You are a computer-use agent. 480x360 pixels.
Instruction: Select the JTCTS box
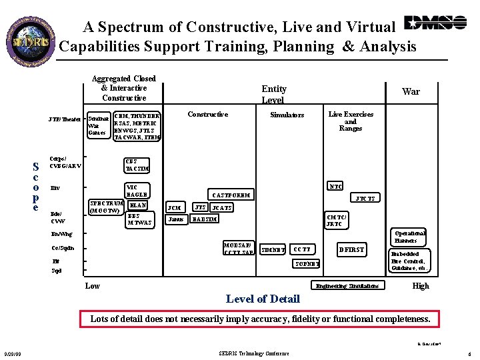point(365,199)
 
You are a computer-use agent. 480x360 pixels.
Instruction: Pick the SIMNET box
point(273,250)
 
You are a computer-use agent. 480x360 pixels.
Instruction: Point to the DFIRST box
point(351,250)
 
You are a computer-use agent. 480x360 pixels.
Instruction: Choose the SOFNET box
point(307,264)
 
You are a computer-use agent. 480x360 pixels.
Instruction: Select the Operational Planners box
point(410,237)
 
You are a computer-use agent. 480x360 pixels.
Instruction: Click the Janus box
point(175,219)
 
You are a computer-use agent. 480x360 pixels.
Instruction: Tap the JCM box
point(175,207)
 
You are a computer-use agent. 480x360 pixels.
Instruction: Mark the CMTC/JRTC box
point(335,221)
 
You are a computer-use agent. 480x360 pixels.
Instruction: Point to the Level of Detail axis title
point(263,298)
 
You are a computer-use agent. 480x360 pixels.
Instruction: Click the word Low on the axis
point(93,286)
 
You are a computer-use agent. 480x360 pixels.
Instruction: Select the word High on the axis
point(421,285)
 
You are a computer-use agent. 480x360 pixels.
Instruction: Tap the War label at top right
point(411,91)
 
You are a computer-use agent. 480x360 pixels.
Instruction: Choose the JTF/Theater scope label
point(65,119)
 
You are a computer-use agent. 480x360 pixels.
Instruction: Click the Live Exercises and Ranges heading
point(351,121)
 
